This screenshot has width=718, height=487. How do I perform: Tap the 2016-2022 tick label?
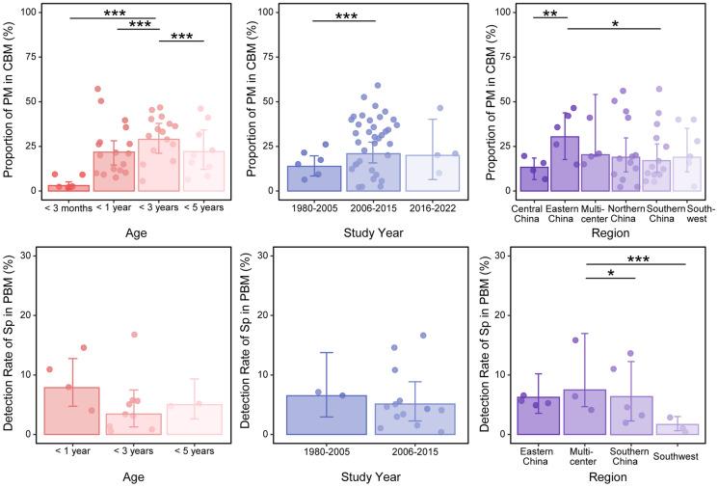point(425,204)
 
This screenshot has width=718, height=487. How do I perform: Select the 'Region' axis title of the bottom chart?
point(611,475)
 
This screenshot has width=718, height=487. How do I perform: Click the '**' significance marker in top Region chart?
point(550,14)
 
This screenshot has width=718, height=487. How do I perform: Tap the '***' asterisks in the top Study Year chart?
point(344,16)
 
